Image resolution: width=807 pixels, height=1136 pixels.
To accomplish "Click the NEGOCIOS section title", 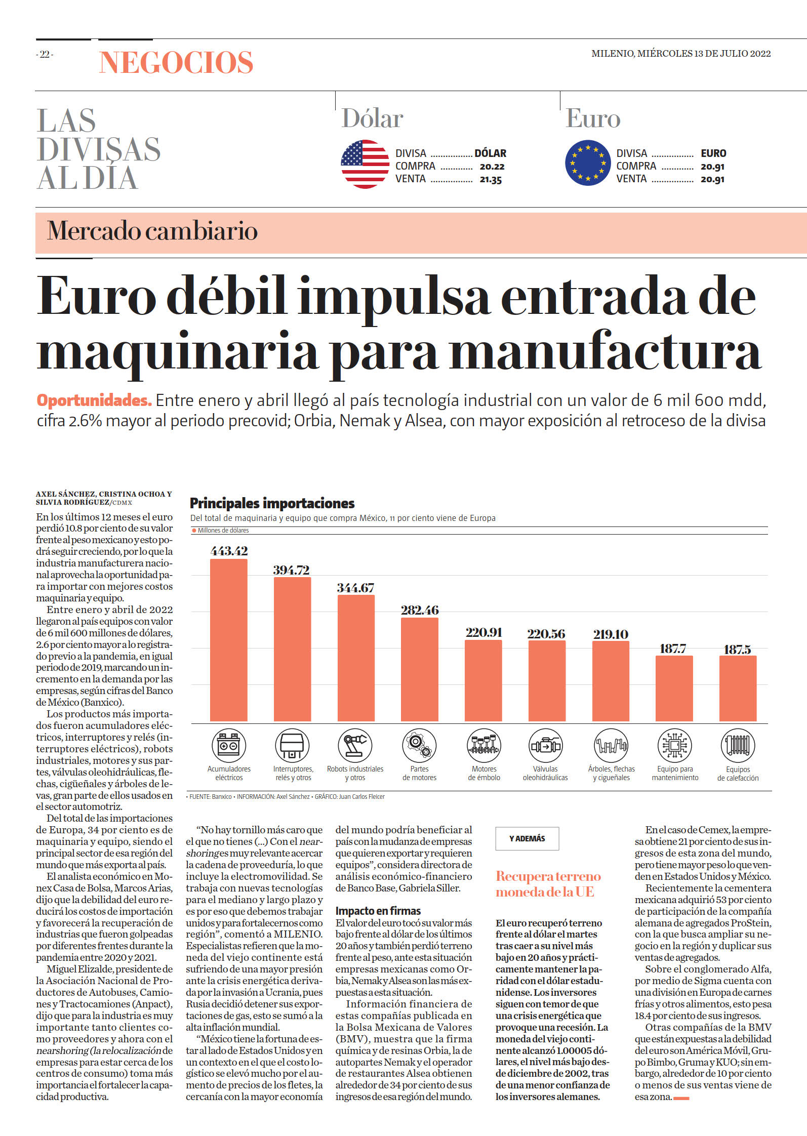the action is pyautogui.click(x=176, y=63).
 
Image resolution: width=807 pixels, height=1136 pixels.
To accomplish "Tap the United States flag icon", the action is pyautogui.click(x=365, y=164).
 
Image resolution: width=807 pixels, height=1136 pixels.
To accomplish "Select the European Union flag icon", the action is pyautogui.click(x=588, y=163).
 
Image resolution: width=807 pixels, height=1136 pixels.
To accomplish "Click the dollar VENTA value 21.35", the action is pyautogui.click(x=491, y=180).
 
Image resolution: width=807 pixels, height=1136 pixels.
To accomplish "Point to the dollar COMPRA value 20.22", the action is pyautogui.click(x=492, y=167).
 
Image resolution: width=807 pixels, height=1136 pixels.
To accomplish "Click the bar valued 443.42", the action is pyautogui.click(x=229, y=640).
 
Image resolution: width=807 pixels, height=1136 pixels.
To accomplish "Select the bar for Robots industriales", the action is pyautogui.click(x=356, y=658).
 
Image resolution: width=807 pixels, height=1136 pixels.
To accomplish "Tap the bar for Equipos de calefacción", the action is pyautogui.click(x=738, y=688).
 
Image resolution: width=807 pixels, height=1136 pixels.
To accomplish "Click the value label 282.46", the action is pyautogui.click(x=420, y=610).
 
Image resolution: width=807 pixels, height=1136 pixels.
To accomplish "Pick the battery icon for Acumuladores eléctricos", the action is pyautogui.click(x=229, y=745).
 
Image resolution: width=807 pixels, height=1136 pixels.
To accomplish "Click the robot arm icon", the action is pyautogui.click(x=355, y=745).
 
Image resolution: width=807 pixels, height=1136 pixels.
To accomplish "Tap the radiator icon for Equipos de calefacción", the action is pyautogui.click(x=738, y=745).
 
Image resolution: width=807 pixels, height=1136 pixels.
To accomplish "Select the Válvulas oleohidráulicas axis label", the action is pyautogui.click(x=545, y=773).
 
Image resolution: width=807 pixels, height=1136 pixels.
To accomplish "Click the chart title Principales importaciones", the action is pyautogui.click(x=272, y=503).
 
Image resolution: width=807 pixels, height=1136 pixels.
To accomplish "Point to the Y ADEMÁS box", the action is pyautogui.click(x=527, y=838).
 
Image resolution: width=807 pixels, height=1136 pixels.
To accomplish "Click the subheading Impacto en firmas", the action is pyautogui.click(x=378, y=911).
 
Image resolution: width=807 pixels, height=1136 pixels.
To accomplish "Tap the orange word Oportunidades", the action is pyautogui.click(x=94, y=400).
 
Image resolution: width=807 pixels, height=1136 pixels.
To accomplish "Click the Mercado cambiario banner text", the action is pyautogui.click(x=152, y=231).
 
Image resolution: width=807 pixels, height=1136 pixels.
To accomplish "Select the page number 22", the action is pyautogui.click(x=45, y=54).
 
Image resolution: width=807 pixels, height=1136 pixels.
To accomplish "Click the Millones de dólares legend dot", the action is pyautogui.click(x=194, y=531).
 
